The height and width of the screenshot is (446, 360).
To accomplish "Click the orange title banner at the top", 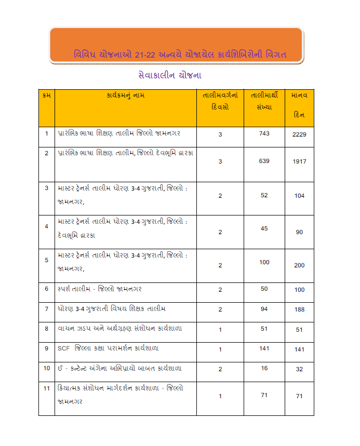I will coord(176,46).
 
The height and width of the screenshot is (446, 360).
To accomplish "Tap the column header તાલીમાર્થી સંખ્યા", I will coord(264,101).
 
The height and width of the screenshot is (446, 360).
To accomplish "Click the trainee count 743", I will coord(264,133).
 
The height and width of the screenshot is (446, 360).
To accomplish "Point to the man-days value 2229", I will coord(300,134).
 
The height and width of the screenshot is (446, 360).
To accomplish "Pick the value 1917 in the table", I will coord(300,161).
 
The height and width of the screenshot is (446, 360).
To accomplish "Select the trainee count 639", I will coord(264,161).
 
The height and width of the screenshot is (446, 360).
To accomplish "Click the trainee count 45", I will coord(264,228).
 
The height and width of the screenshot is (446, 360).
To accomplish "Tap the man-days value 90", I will coord(299,232).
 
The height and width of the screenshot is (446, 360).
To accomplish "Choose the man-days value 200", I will coord(299,265).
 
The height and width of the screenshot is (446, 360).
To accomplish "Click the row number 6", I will coord(47,289).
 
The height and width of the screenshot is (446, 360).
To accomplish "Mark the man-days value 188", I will coord(299,310).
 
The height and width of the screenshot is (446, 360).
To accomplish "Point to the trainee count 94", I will coord(264,309).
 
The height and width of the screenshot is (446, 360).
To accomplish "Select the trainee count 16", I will coord(264,368).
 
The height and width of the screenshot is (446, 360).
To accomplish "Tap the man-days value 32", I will coord(299,369).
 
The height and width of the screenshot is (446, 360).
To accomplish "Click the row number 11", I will coord(47,388).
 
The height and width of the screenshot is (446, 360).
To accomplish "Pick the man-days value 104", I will coord(299,196).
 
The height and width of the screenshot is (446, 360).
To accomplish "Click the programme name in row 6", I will coord(100,289).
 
